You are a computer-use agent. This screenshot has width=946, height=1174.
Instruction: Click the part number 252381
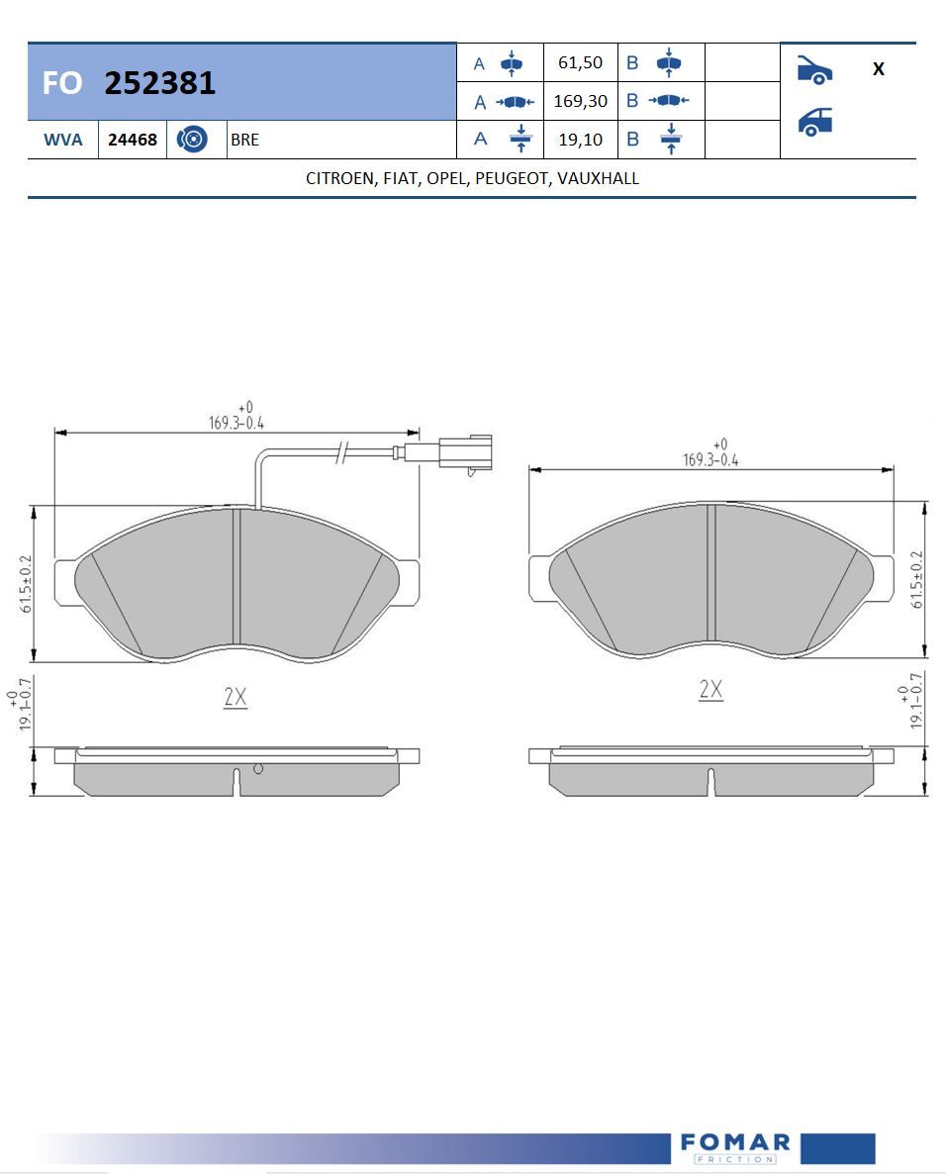point(159,83)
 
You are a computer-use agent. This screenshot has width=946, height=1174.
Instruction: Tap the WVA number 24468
point(133,140)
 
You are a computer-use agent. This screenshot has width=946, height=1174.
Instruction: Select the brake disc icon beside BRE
point(192,140)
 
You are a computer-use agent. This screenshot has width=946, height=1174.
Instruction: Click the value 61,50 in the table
point(580,63)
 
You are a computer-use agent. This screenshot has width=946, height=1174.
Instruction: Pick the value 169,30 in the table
point(580,101)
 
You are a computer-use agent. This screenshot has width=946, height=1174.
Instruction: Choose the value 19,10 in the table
point(580,140)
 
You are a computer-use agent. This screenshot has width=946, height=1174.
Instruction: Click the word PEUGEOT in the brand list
point(512,179)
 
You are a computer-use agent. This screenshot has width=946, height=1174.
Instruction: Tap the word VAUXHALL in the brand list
point(598,178)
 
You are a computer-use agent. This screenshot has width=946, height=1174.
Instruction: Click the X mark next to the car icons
point(879,69)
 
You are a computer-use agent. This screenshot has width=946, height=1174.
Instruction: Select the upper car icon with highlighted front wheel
point(814,69)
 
